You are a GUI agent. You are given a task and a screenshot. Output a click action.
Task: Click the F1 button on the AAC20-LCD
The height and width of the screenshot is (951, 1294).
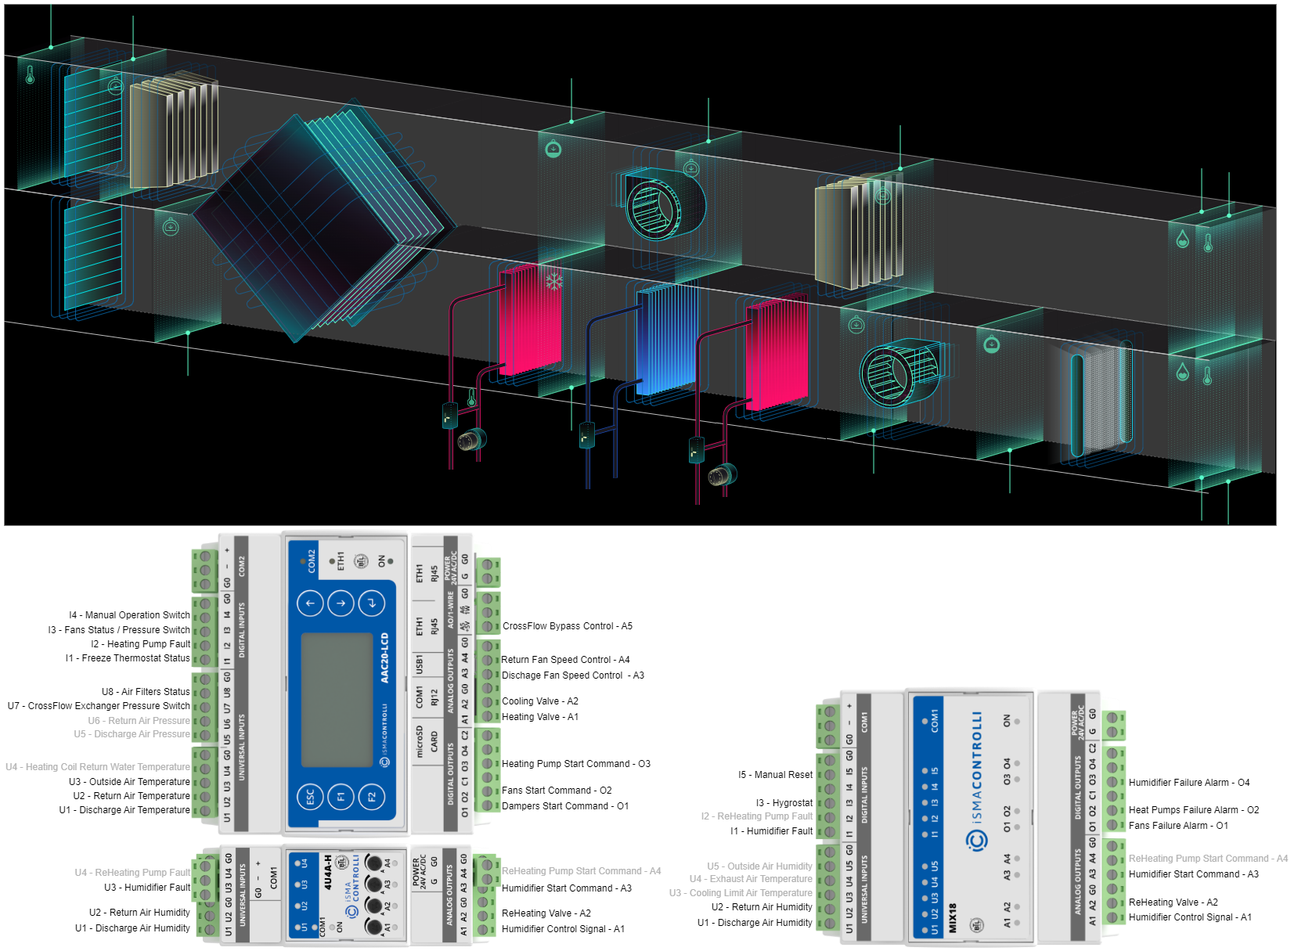click(x=341, y=797)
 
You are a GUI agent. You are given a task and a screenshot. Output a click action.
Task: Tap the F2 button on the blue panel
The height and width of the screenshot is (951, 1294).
click(x=371, y=797)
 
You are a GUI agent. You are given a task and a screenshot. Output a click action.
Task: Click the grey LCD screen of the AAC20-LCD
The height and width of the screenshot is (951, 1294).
click(x=337, y=700)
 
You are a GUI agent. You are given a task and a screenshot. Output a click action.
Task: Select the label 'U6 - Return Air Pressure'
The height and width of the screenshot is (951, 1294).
click(x=139, y=720)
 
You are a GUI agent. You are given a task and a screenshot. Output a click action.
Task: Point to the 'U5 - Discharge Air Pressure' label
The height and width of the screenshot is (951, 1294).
click(x=132, y=734)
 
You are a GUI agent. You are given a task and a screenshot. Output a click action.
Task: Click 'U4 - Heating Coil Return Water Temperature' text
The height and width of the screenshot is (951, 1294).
click(x=98, y=767)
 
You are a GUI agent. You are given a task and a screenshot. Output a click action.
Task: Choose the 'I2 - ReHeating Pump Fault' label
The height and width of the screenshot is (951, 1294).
click(x=756, y=816)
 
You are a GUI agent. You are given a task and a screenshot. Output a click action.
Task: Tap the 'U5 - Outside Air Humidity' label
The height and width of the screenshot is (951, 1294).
click(x=759, y=866)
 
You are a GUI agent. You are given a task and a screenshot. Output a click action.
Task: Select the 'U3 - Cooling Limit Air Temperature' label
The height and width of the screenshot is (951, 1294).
click(x=741, y=893)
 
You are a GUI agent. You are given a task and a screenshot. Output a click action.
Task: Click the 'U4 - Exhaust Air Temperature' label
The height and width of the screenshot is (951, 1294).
click(x=750, y=879)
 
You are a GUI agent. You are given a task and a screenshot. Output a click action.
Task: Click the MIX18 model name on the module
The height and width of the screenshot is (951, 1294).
click(x=953, y=917)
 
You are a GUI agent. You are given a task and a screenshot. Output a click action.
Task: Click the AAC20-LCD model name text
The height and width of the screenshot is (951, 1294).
click(x=384, y=658)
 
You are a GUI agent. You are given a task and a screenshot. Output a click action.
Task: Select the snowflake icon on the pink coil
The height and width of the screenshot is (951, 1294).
click(x=554, y=281)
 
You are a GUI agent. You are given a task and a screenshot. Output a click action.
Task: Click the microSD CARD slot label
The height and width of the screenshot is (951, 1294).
click(x=427, y=740)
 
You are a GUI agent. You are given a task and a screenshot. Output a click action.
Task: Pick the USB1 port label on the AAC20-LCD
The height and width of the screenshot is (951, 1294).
click(x=420, y=665)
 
